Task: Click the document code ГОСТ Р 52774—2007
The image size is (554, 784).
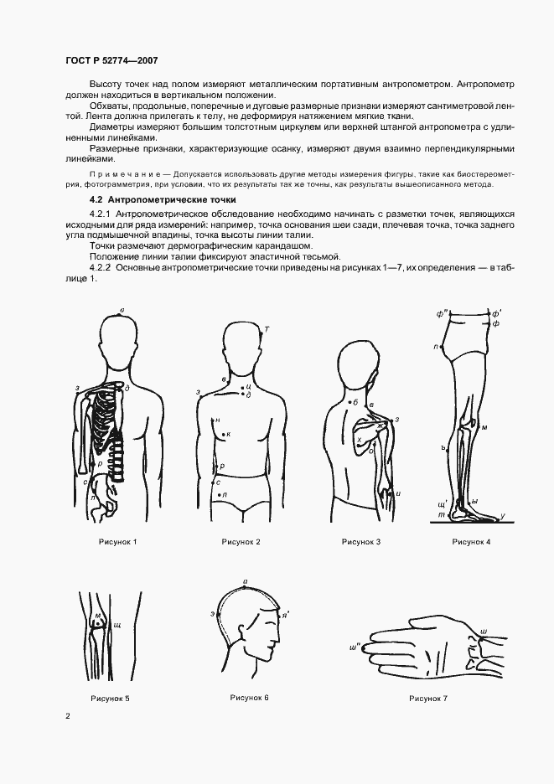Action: click(111, 60)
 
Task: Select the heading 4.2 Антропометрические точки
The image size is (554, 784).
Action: click(163, 200)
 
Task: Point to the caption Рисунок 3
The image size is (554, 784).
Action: click(361, 542)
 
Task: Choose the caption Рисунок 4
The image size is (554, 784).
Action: click(471, 542)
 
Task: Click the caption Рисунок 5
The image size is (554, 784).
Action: click(110, 698)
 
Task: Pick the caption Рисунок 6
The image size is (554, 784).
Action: click(250, 697)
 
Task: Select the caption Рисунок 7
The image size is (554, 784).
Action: click(428, 698)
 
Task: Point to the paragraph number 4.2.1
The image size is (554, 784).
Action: click(101, 215)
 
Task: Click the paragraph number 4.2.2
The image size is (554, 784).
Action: click(101, 267)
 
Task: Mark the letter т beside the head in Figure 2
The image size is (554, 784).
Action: click(267, 327)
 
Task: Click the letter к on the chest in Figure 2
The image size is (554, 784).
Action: click(229, 434)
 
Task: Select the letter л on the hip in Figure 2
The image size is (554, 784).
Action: click(225, 495)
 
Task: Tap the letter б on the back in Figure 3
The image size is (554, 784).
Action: click(356, 403)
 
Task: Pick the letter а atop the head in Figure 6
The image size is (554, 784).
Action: click(244, 580)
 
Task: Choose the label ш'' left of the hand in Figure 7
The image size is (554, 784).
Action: click(355, 647)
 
